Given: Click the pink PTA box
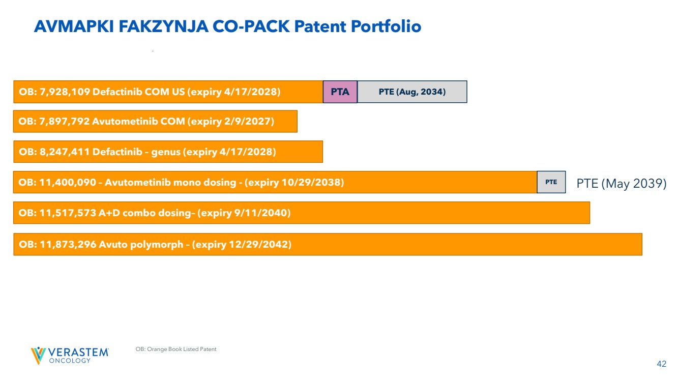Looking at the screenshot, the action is [x=340, y=92].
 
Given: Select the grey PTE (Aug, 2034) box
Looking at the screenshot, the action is [x=412, y=92].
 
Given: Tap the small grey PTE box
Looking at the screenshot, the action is [x=551, y=182].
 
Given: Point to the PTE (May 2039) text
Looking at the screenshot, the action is [x=621, y=184].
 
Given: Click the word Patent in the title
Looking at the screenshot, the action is [x=320, y=26].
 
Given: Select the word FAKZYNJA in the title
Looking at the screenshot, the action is [x=163, y=26].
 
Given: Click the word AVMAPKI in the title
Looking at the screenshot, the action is [x=74, y=26].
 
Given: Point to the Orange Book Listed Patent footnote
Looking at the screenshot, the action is [x=176, y=349].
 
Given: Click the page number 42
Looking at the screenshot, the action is [x=661, y=364].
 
